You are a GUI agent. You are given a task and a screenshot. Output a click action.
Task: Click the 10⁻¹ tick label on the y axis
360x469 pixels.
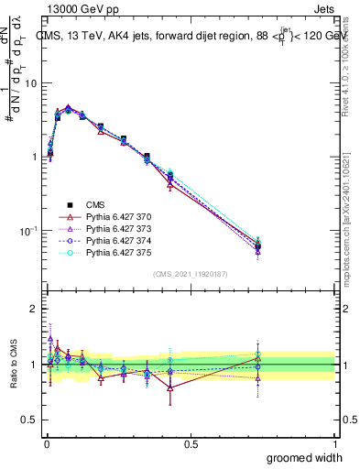[x=27, y=230]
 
